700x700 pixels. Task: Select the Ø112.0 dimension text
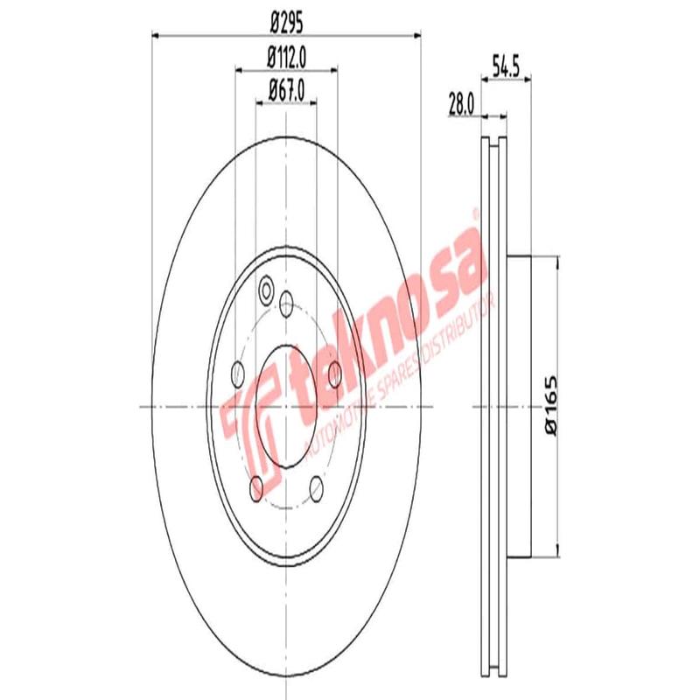[x=286, y=58]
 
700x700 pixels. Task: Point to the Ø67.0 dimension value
[x=286, y=89]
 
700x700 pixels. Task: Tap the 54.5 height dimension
[x=507, y=66]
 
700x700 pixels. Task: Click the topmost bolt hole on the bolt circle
[x=286, y=304]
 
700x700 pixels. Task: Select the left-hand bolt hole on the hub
[x=236, y=374]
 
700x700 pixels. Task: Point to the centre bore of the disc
[x=286, y=407]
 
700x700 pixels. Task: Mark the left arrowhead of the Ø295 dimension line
[x=157, y=36]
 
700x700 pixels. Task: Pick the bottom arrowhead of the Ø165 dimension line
[x=556, y=551]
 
